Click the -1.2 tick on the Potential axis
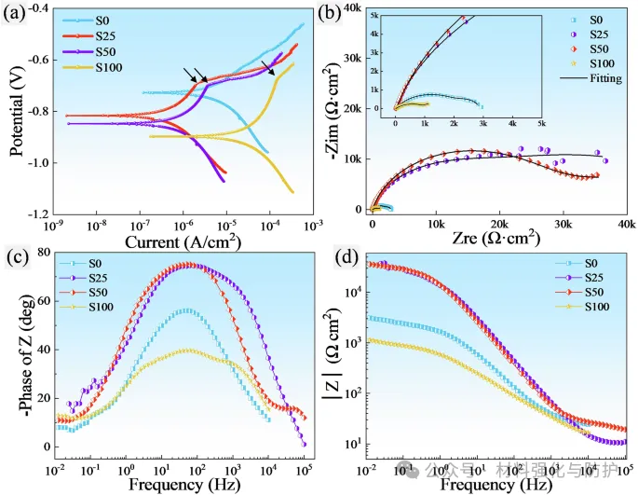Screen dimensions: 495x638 41,214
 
